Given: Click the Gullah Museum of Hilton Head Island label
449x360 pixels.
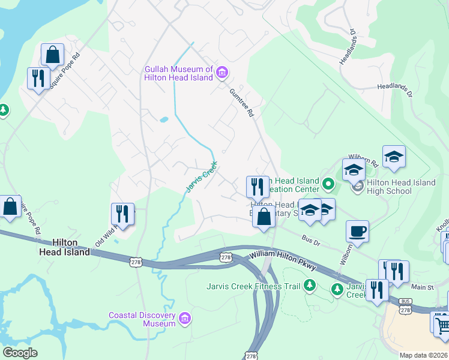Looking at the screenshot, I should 178,73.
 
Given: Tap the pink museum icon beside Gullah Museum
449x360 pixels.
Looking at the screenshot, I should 221,73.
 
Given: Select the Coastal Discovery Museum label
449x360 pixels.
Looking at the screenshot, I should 142,319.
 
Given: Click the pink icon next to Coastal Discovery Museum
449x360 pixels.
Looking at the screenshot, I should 184,317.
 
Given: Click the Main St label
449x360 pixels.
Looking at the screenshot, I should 423,288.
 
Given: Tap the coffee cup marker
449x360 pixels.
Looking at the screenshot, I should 357,231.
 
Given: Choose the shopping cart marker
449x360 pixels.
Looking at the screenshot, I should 442,326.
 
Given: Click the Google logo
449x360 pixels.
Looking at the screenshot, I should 20,353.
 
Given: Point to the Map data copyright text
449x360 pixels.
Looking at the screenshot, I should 423,355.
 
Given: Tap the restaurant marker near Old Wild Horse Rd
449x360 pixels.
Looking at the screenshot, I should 122,214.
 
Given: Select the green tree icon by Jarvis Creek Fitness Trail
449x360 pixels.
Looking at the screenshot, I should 310,285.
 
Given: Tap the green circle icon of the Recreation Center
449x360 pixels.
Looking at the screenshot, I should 328,183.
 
